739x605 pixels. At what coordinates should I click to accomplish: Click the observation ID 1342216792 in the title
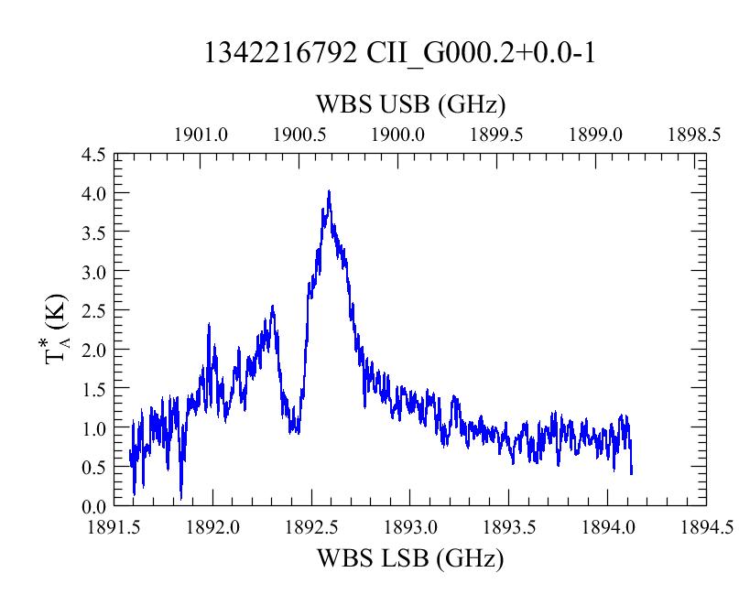[280, 53]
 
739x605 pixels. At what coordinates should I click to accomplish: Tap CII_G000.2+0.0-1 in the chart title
[481, 54]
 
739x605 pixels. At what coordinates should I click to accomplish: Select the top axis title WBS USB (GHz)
[410, 104]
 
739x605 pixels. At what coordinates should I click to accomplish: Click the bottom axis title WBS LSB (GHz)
[410, 559]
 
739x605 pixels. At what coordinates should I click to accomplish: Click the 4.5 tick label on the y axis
[93, 154]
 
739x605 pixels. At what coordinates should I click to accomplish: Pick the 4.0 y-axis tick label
[93, 193]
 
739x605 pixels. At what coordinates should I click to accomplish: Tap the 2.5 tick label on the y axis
[93, 310]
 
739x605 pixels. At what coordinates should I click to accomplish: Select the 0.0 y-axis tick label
[93, 506]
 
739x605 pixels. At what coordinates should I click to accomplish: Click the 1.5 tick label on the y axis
[93, 389]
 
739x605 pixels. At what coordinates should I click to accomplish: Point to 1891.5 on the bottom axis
[114, 527]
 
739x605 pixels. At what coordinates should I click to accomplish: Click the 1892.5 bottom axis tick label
[311, 527]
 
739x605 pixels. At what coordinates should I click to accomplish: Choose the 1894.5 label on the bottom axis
[706, 527]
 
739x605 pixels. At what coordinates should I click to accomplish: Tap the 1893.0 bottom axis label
[410, 527]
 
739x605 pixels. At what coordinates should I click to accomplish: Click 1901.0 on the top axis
[201, 135]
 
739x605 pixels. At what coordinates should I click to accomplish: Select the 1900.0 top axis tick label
[397, 135]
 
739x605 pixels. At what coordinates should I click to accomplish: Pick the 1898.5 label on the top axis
[694, 135]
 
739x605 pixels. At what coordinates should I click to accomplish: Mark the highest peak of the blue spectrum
[329, 190]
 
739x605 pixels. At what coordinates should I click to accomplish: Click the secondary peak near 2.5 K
[272, 307]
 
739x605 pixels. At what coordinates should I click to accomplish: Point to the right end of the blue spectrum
[632, 473]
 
